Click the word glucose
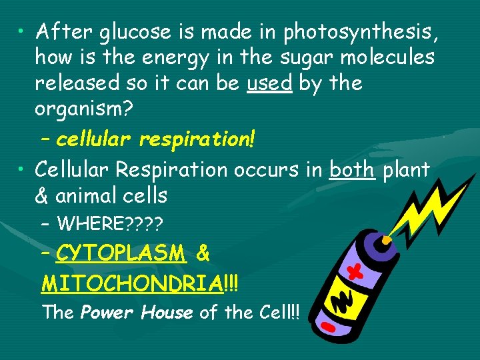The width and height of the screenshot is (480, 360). (126, 31)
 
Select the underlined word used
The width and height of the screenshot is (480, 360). (269, 83)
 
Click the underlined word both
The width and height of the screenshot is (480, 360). (352, 170)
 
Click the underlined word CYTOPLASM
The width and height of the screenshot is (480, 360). (121, 253)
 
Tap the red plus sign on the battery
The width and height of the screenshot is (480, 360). (359, 271)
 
